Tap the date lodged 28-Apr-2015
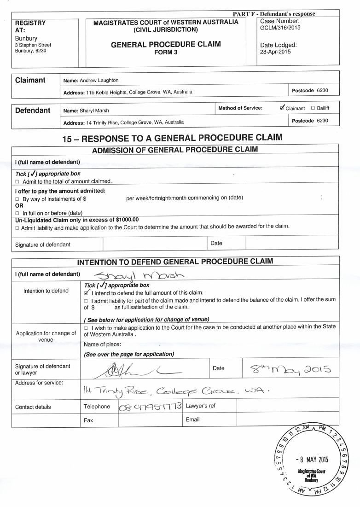pos(275,52)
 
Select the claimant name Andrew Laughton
pos(99,80)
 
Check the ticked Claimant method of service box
pos(282,108)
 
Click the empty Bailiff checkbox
pos(313,108)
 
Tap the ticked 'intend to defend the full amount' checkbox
pos(87,293)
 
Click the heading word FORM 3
pos(166,52)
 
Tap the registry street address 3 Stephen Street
pos(33,45)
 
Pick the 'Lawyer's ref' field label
pos(200,406)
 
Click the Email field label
pos(192,420)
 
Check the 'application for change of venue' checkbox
pos(87,326)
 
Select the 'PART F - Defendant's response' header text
pos(274,14)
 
